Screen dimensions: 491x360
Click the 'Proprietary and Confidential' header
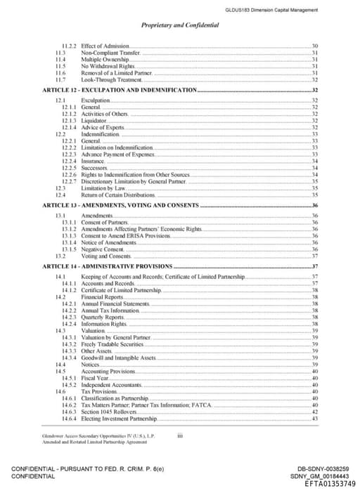tap(180, 25)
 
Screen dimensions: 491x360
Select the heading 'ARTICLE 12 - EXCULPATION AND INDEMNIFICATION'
tap(120, 91)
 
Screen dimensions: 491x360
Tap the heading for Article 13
tap(121, 205)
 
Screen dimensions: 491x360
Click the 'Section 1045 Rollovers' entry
tap(110, 412)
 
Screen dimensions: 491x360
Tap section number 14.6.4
tap(69, 419)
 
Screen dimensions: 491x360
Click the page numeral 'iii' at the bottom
tap(180, 436)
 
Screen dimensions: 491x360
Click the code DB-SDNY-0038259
tap(324, 469)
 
